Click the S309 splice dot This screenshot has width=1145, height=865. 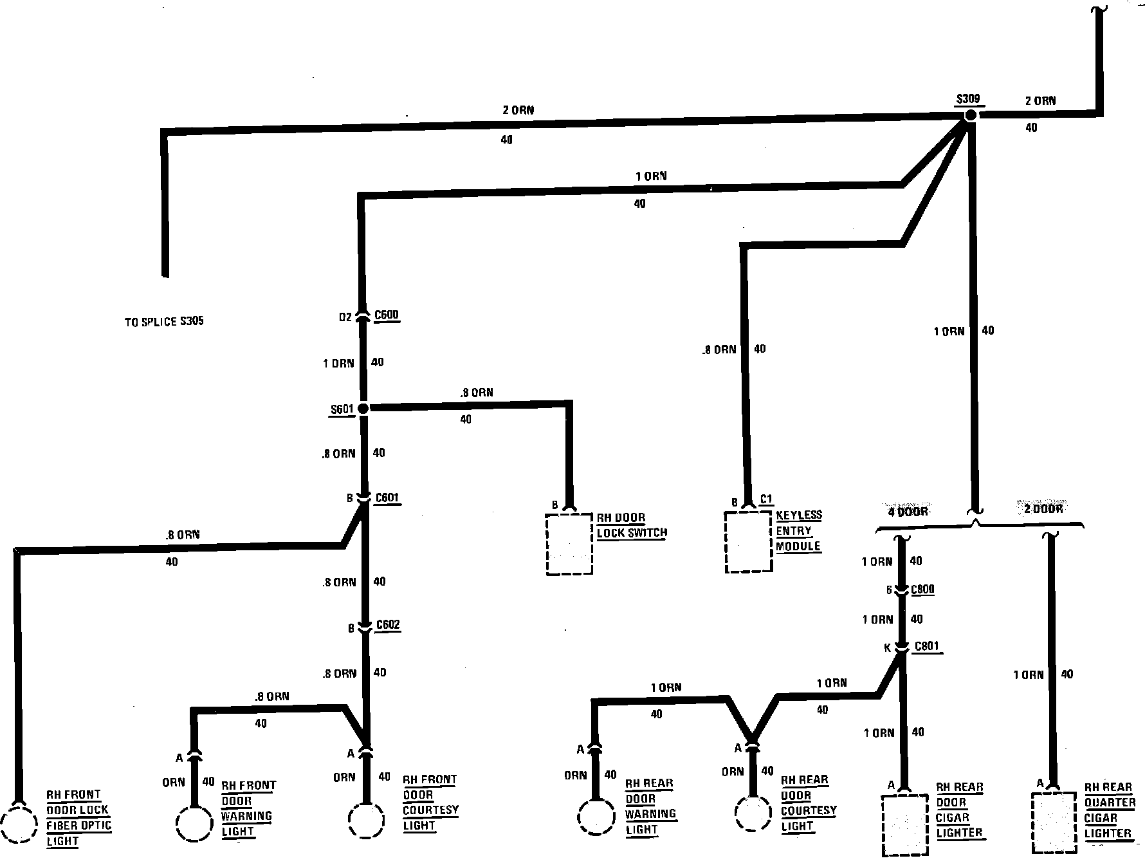click(x=970, y=115)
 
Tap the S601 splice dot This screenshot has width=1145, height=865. click(x=363, y=409)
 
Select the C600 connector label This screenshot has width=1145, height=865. click(x=386, y=315)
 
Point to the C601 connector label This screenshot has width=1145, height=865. click(x=387, y=498)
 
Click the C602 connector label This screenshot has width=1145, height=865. click(x=388, y=625)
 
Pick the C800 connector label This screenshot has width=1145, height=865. click(x=922, y=590)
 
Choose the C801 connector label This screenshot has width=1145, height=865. click(x=926, y=647)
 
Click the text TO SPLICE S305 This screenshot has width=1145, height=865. click(x=164, y=321)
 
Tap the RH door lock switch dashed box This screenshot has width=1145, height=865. click(x=569, y=544)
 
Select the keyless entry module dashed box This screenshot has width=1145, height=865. click(x=748, y=542)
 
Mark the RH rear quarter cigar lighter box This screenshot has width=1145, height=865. click(x=1054, y=823)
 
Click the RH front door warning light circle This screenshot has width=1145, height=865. click(x=194, y=821)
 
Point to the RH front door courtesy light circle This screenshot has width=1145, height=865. click(x=366, y=821)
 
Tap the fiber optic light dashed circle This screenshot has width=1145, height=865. click(x=19, y=823)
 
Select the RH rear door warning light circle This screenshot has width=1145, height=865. click(x=596, y=817)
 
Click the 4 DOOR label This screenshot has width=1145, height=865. click(x=908, y=512)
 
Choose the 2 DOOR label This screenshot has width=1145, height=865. click(x=1043, y=508)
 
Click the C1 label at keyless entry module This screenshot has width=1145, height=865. click(x=766, y=499)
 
